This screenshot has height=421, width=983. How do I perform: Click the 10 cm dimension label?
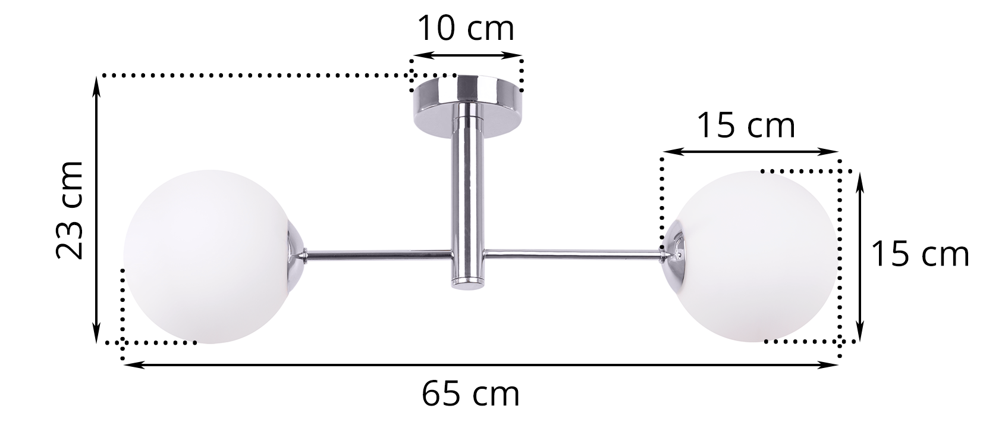[465, 29]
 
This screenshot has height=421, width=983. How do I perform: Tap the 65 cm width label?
[471, 394]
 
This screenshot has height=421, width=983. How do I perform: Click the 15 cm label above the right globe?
[746, 126]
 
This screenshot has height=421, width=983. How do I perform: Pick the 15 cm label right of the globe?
[920, 254]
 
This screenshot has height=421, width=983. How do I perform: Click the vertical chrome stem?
[467, 191]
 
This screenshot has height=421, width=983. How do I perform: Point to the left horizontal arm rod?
[378, 254]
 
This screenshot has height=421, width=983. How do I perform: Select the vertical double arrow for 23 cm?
[97, 210]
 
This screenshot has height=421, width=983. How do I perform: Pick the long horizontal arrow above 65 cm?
[480, 365]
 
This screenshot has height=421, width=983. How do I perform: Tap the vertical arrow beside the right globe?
[859, 256]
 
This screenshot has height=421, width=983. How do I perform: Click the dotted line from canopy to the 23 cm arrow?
[256, 76]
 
